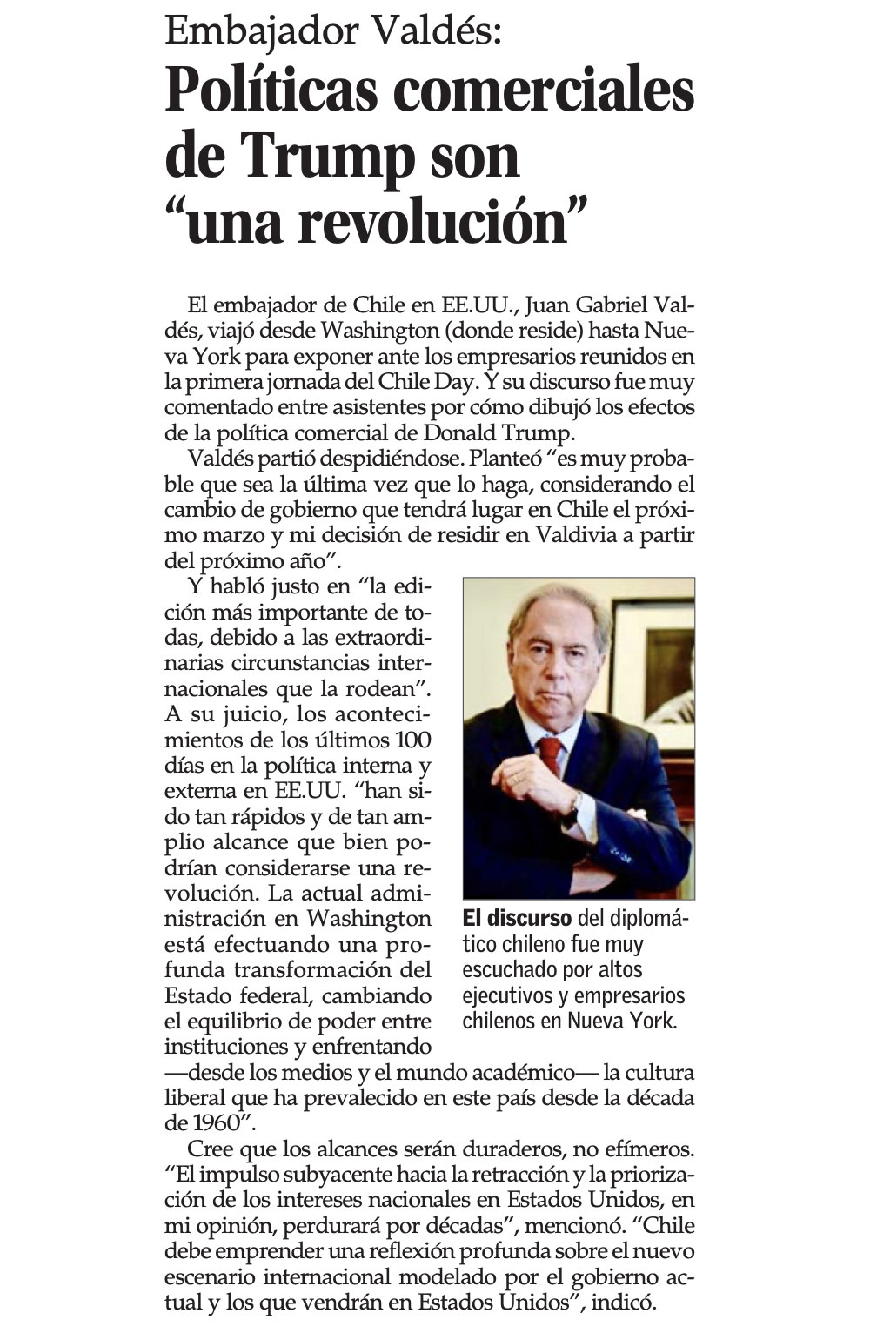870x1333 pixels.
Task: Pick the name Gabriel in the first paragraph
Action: tap(618, 306)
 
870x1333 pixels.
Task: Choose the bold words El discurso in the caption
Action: tap(517, 919)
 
